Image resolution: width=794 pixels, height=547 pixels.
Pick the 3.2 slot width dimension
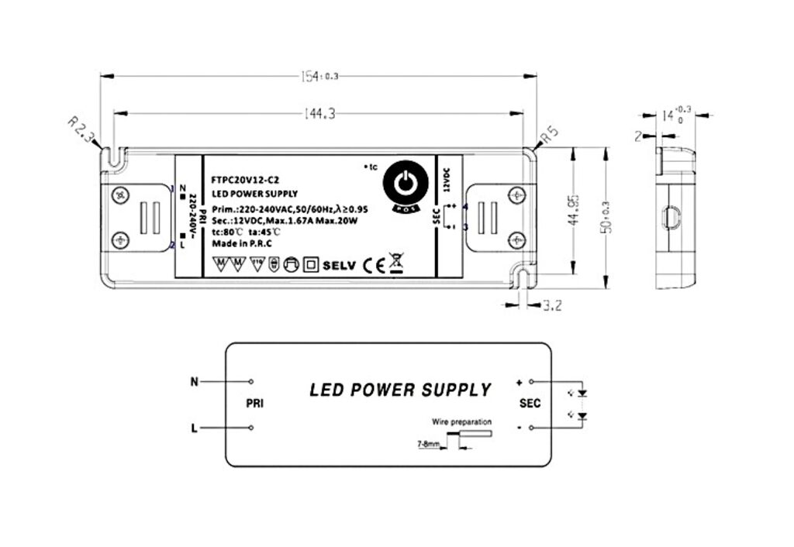pos(552,305)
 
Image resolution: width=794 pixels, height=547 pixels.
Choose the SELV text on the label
pos(338,265)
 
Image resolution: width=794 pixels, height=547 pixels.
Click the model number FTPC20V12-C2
pos(240,179)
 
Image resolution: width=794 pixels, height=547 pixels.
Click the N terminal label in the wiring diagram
pos(195,381)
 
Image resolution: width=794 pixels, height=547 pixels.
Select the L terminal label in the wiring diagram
pos(194,427)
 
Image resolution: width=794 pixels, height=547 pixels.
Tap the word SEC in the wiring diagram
pos(530,404)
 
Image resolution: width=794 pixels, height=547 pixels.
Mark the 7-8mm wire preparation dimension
pos(428,445)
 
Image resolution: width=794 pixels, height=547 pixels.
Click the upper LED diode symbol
pos(583,392)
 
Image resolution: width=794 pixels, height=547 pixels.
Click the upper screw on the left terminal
pos(119,196)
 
